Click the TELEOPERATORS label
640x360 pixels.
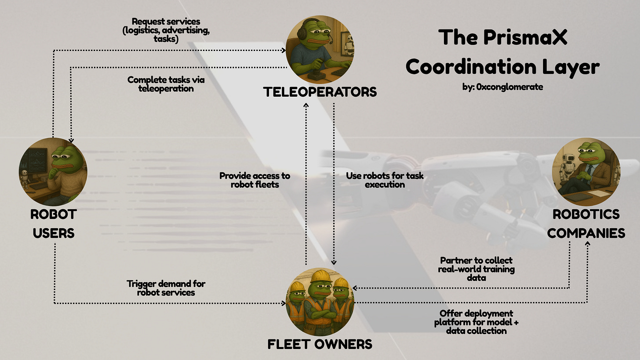pyautogui.click(x=320, y=92)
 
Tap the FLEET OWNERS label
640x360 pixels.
pyautogui.click(x=320, y=344)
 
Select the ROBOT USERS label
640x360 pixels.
pyautogui.click(x=53, y=223)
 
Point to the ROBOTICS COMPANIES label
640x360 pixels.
pyautogui.click(x=586, y=223)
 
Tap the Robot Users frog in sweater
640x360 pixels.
pyautogui.click(x=53, y=171)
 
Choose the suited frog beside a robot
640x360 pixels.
pyautogui.click(x=586, y=171)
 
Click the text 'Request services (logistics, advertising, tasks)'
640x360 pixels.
pyautogui.click(x=166, y=30)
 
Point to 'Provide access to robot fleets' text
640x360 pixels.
pyautogui.click(x=255, y=180)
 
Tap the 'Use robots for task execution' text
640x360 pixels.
pyautogui.click(x=385, y=180)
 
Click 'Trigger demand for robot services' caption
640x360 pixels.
pyautogui.click(x=166, y=288)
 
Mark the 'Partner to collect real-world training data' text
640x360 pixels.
pyautogui.click(x=476, y=269)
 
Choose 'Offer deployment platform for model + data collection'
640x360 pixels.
pyautogui.click(x=476, y=322)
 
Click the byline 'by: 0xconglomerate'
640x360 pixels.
pyautogui.click(x=502, y=87)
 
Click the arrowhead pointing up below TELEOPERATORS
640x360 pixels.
pyautogui.click(x=306, y=105)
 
